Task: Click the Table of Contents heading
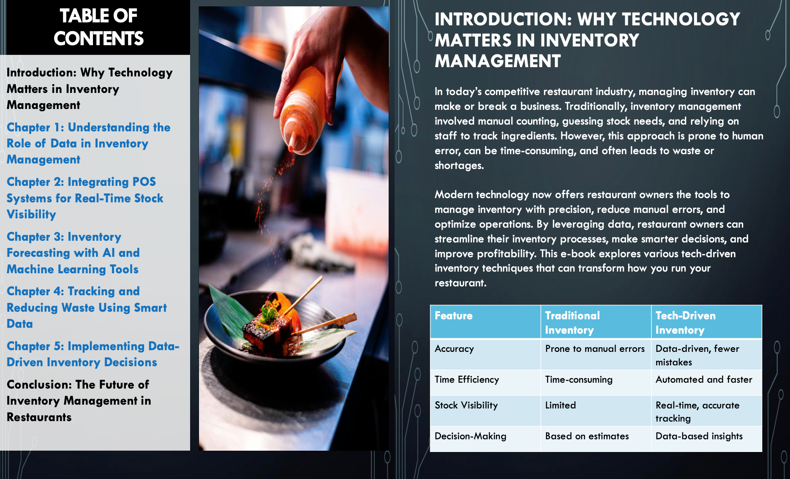coord(98,27)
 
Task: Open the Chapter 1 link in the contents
coord(88,143)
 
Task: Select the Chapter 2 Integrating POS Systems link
coord(85,198)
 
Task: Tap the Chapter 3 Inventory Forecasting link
coord(73,253)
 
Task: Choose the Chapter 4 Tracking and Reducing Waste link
coord(87,308)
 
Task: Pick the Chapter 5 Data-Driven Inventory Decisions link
coord(93,354)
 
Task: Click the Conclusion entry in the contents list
coord(79,400)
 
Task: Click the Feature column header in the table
coord(454,316)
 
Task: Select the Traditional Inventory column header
coord(572,323)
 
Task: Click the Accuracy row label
coord(454,349)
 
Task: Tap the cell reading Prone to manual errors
coord(595,348)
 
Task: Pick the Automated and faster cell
coord(704,379)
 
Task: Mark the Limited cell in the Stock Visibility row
coord(561,405)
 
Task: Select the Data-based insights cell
coord(699,436)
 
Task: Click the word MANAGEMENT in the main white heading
coord(498,61)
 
